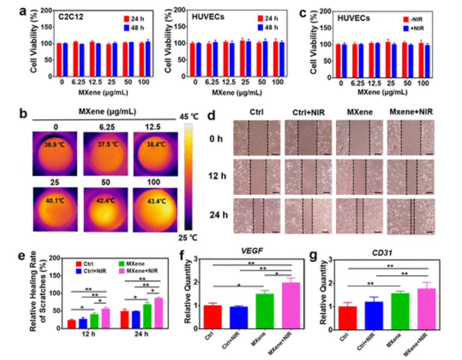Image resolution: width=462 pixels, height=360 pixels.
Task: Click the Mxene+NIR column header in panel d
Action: tap(411, 112)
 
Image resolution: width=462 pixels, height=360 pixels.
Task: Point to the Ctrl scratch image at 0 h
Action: tap(256, 138)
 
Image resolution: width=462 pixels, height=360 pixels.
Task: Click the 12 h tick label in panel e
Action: tap(85, 337)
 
